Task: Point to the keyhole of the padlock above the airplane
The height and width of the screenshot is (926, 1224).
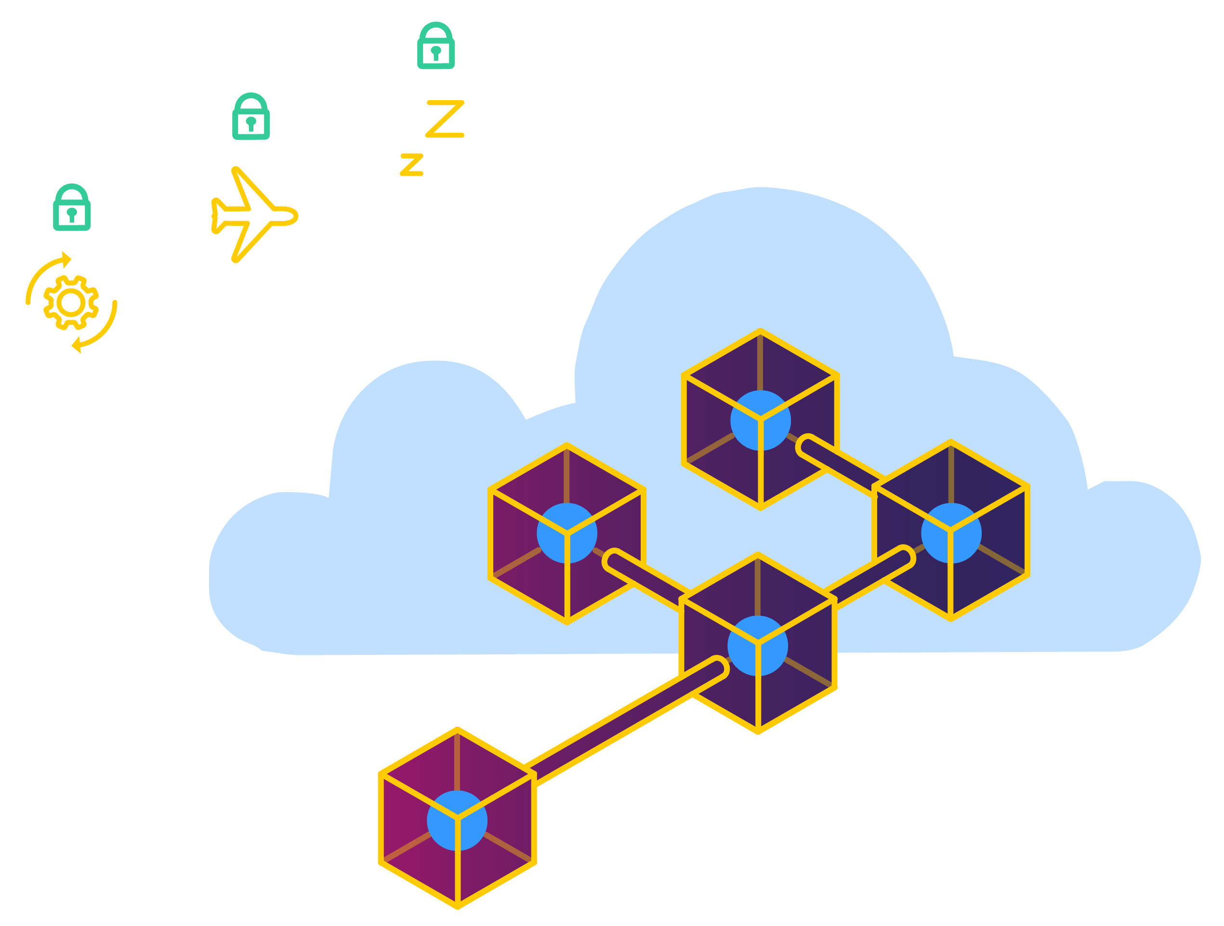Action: click(x=250, y=122)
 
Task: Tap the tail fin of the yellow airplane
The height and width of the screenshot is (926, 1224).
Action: click(x=216, y=216)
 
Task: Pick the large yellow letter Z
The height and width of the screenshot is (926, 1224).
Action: click(x=445, y=118)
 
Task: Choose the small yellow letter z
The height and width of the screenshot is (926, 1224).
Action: click(x=412, y=165)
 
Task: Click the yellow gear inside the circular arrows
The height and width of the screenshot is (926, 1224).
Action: click(x=71, y=302)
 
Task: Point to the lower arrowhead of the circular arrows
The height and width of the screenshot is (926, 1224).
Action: click(x=77, y=345)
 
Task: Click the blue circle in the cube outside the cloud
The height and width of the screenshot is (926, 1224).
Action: click(x=457, y=821)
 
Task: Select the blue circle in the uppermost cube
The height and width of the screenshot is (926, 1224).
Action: click(x=760, y=420)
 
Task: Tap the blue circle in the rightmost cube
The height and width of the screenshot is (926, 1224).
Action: click(x=951, y=533)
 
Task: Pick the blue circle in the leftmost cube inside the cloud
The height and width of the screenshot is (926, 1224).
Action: click(x=566, y=533)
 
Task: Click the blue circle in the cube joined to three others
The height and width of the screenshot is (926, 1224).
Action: click(x=758, y=646)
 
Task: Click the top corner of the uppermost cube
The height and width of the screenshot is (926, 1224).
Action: click(x=760, y=331)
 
